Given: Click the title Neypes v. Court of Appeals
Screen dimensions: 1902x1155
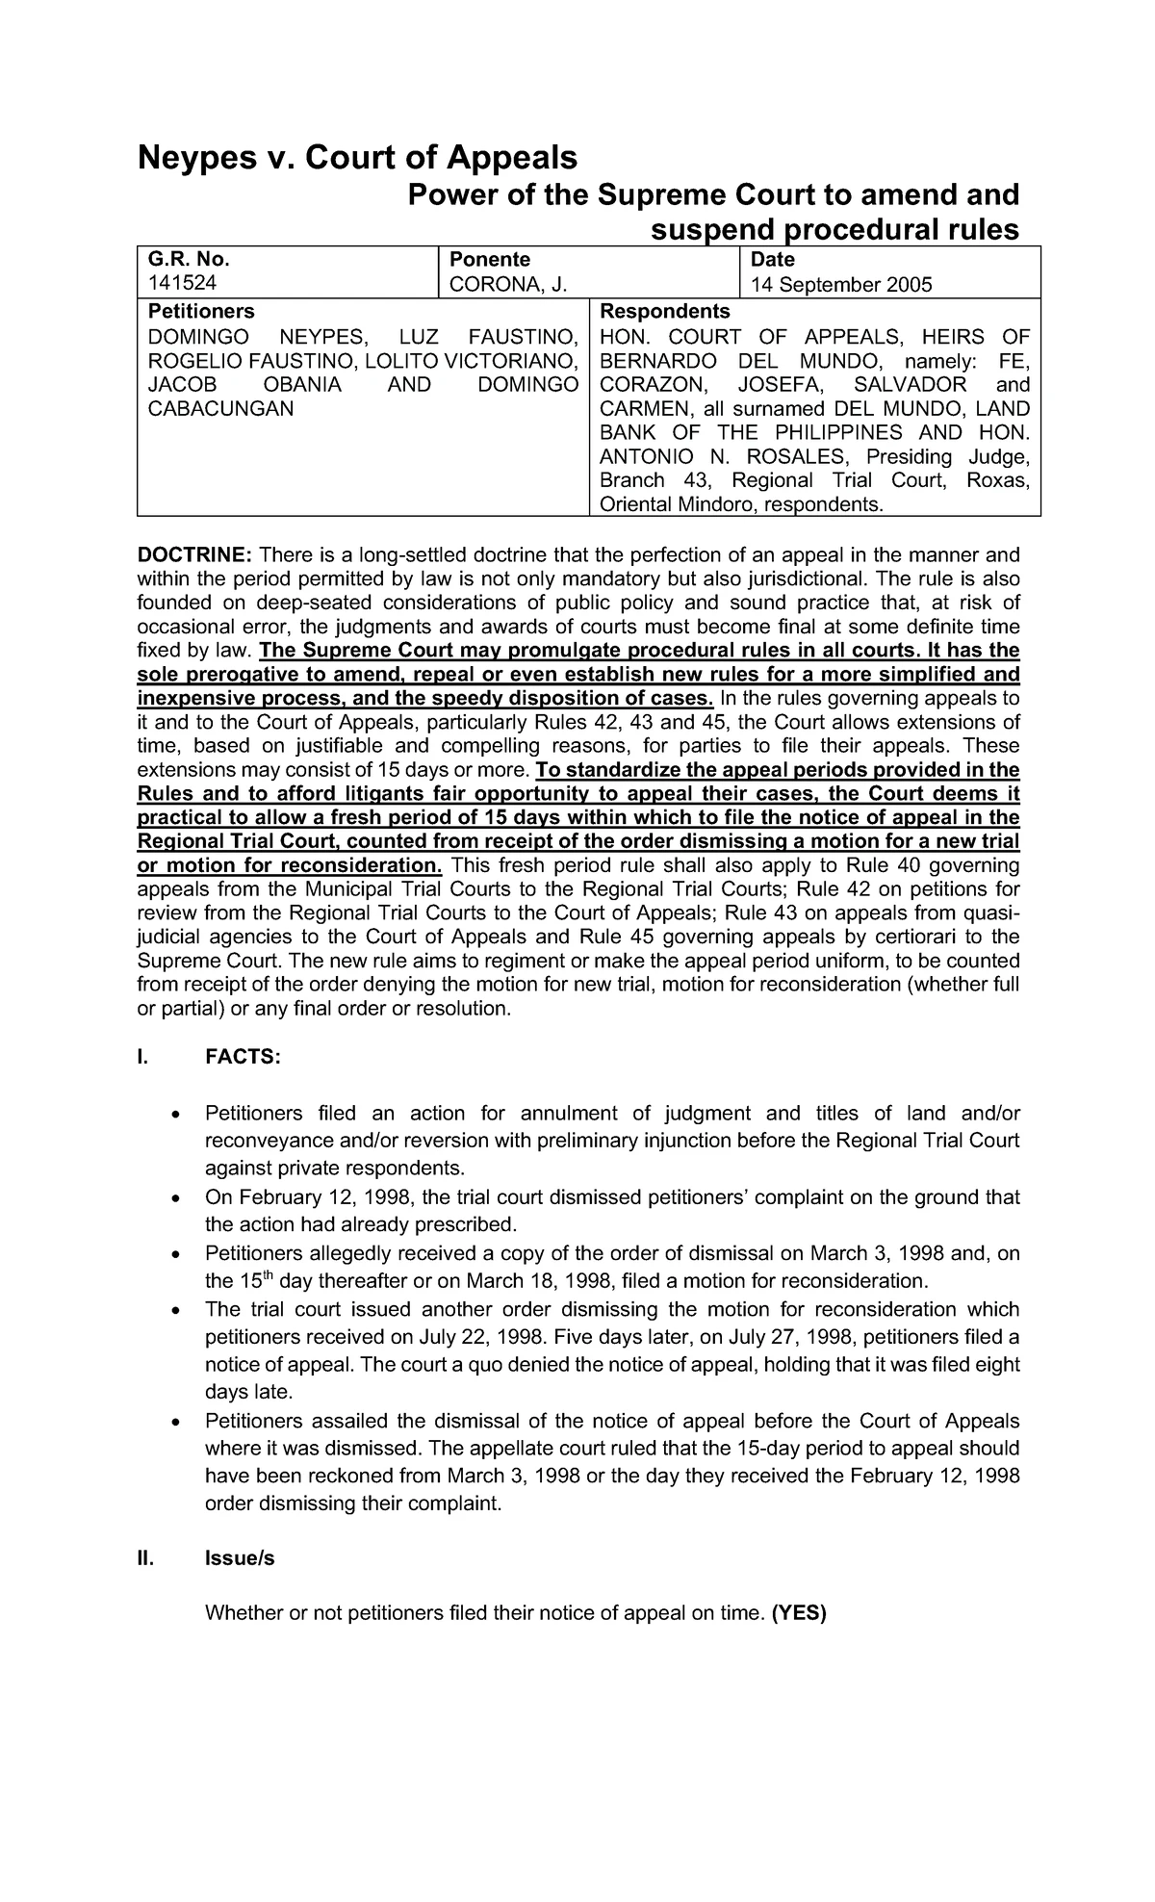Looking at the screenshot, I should tap(357, 157).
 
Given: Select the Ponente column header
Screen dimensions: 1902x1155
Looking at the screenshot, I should tap(484, 260).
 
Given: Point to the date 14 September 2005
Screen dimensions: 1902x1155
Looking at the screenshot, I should tap(842, 285).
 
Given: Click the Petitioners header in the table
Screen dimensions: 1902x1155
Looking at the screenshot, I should tap(200, 312).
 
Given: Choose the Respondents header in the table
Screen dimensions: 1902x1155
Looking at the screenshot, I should tap(664, 312).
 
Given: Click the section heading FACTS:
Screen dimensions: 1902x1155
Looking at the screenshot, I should tap(244, 1057).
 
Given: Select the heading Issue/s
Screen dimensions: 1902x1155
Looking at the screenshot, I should tap(240, 1558).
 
